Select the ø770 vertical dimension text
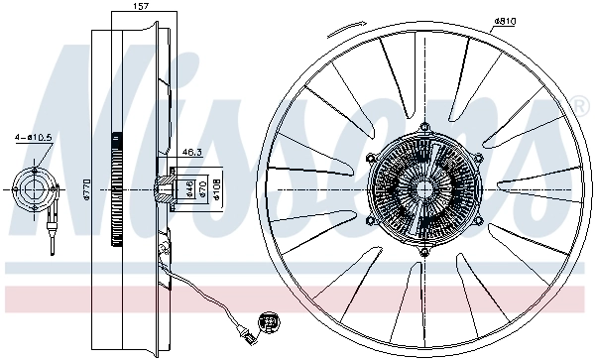pyautogui.click(x=87, y=188)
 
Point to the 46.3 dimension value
pyautogui.click(x=192, y=153)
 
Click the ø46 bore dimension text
pyautogui.click(x=188, y=189)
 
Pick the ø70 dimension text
pyautogui.click(x=200, y=189)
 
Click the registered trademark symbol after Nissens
pyautogui.click(x=577, y=103)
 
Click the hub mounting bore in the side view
pyautogui.click(x=167, y=188)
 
